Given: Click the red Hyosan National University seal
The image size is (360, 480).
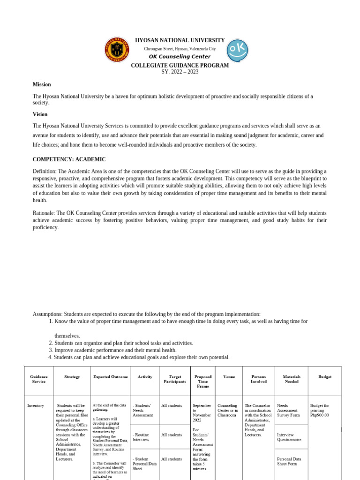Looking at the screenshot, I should coord(116,50).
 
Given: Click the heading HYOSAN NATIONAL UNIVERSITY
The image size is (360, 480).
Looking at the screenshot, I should coord(180,40).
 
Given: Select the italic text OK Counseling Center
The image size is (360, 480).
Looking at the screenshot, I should coord(180,57).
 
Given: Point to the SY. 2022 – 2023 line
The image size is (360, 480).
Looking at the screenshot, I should coord(180,72).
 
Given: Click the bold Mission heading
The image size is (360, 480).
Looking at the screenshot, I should coord(42,84).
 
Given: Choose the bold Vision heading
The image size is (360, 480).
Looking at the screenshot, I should coord(40,114).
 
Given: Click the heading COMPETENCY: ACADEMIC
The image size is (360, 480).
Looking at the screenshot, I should coord(69,159).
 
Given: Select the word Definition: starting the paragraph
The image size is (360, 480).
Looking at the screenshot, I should coord(45,171).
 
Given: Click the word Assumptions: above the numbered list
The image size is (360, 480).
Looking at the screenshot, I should coord(47,314).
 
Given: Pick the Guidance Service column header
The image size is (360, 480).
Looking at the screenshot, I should coord(38,379).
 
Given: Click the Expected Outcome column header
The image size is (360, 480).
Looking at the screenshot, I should coord(110,377).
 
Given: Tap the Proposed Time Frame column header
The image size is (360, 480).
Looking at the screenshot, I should coord(202,381).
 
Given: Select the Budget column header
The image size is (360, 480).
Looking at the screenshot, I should coord(324,377).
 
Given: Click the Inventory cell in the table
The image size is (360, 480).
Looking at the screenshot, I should coord(36,405).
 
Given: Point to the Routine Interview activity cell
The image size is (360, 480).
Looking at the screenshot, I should coord(141,437).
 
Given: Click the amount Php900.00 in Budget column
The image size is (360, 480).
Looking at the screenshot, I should coord(320,415).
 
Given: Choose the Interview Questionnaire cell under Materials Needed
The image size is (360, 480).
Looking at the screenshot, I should coord(289,437).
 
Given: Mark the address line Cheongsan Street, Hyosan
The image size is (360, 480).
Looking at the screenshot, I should coord(180,49).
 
